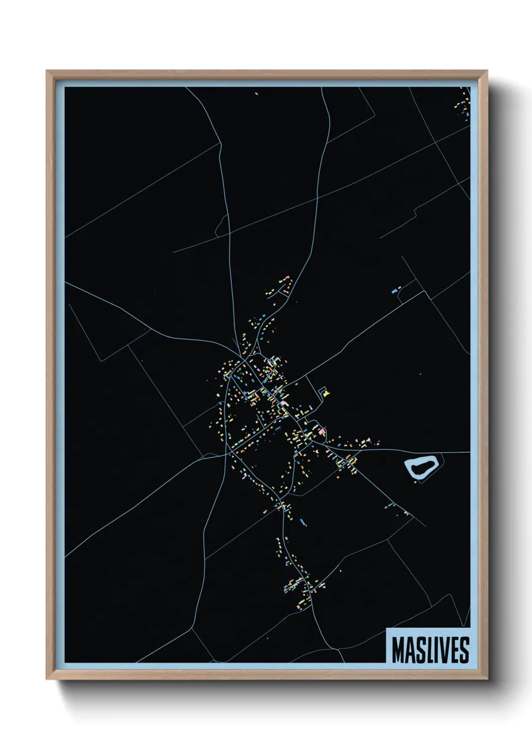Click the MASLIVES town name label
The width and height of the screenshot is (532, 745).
tap(430, 650)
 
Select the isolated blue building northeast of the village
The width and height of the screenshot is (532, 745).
tap(395, 290)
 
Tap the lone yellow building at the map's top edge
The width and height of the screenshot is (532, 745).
tap(256, 94)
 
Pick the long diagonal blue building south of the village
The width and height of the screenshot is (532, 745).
tap(303, 521)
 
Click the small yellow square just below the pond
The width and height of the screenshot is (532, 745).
tap(415, 482)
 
